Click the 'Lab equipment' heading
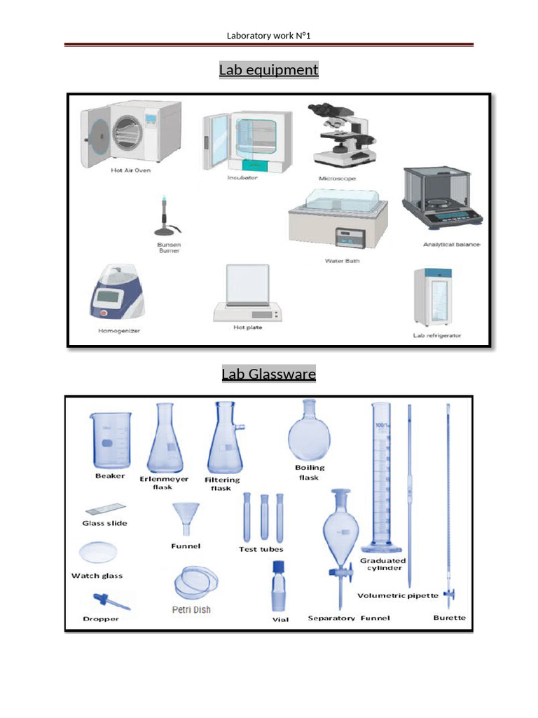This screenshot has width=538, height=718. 268,70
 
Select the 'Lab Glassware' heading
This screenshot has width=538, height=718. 268,374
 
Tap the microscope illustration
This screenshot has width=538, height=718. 341,137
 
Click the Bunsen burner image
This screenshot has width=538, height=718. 166,218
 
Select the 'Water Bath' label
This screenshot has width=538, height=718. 339,261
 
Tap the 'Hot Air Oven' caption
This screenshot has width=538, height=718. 130,170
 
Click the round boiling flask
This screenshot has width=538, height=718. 309,434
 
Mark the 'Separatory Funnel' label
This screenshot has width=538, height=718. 349,618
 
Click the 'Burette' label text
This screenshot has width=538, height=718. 449,618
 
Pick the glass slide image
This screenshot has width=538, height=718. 105,509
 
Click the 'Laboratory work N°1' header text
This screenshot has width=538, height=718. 269,36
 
